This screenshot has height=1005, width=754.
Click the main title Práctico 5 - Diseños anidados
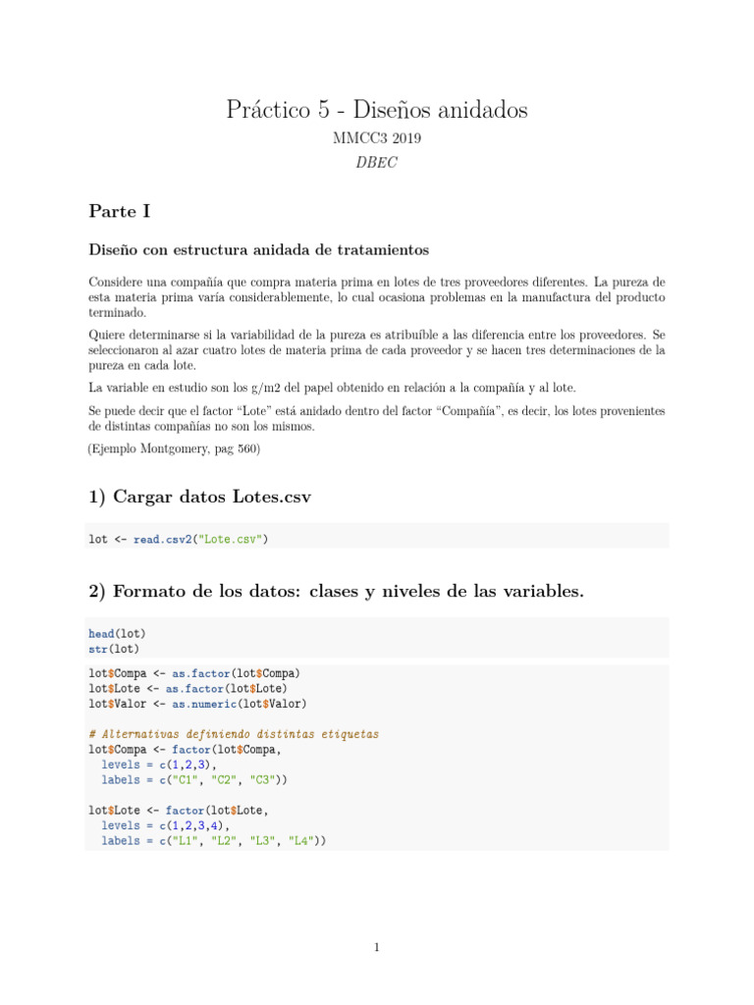tap(377, 110)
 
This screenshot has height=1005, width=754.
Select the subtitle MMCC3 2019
tap(377, 139)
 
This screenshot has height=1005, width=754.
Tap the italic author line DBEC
tap(377, 163)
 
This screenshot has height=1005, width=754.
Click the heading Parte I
tap(119, 211)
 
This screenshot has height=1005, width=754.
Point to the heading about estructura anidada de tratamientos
tap(259, 250)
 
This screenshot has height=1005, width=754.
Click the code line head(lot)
tap(116, 634)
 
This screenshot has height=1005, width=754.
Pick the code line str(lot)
tap(113, 649)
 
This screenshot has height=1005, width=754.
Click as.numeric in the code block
tap(204, 703)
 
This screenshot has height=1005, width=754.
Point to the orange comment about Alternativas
tap(234, 734)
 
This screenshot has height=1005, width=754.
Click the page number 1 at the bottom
tap(377, 947)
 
